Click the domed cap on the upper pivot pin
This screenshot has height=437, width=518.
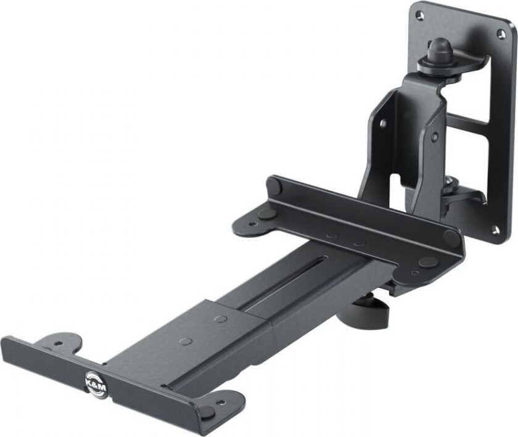click(441, 47)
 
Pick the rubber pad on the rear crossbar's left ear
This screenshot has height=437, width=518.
click(268, 214)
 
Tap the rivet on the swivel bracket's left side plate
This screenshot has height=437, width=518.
click(383, 123)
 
